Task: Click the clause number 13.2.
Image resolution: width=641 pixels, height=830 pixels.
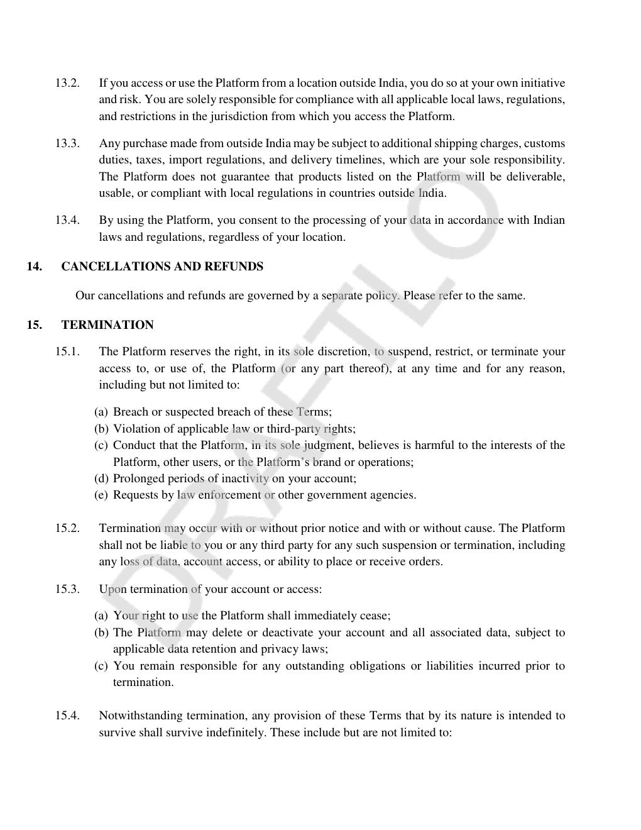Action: click(x=67, y=83)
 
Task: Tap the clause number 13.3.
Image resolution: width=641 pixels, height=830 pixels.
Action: click(x=67, y=143)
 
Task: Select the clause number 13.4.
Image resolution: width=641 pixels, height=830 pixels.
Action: click(x=67, y=220)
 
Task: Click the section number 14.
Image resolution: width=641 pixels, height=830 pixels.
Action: click(x=35, y=267)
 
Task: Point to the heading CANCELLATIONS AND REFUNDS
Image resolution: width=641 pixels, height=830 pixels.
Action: click(x=162, y=267)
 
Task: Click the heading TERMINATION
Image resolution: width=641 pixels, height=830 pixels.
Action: click(x=107, y=325)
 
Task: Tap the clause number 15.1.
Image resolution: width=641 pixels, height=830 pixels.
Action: click(x=67, y=351)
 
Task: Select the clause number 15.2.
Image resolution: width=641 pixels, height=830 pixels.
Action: click(x=67, y=528)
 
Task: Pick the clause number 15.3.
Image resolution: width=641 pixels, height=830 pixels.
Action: click(x=67, y=589)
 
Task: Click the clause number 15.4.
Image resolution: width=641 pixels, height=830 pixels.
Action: click(x=67, y=716)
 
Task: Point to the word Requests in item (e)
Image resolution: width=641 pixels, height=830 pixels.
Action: click(x=134, y=495)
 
